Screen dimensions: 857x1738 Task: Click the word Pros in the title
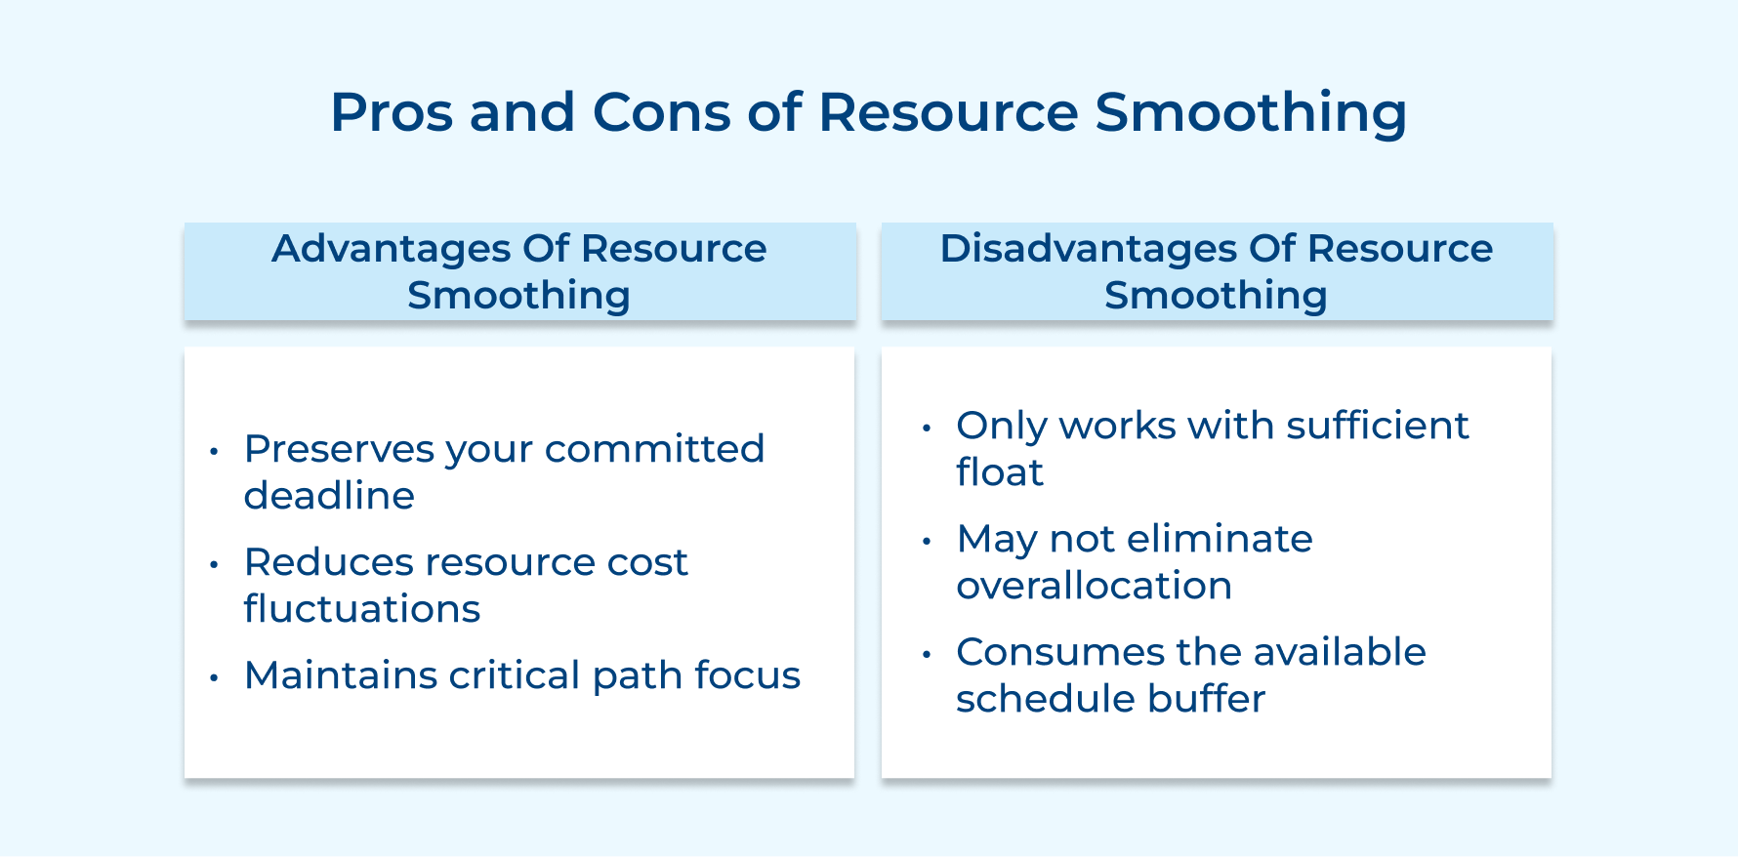392,112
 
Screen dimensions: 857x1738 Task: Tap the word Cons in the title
661,112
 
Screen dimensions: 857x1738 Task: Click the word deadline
329,496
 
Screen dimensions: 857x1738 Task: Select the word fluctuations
361,609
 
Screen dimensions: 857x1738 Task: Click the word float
999,472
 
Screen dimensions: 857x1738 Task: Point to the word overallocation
1094,586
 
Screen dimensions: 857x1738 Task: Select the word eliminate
1220,539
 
